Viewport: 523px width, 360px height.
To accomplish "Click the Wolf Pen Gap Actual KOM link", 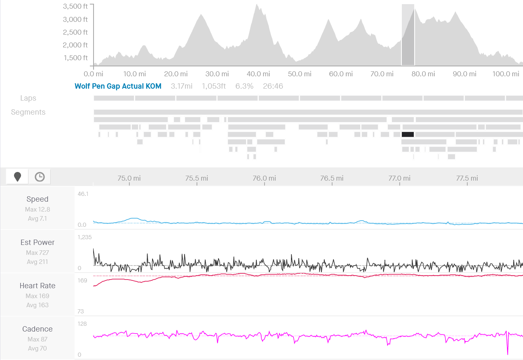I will pyautogui.click(x=118, y=86).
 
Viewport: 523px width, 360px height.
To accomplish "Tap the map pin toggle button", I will pyautogui.click(x=17, y=177).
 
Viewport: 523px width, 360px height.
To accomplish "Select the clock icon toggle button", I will pyautogui.click(x=40, y=177).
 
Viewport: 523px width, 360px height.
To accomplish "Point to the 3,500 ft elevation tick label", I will pyautogui.click(x=75, y=7).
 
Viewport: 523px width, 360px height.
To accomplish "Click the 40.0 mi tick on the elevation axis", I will pyautogui.click(x=258, y=74).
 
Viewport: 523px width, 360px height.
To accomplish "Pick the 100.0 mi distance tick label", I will pyautogui.click(x=506, y=74).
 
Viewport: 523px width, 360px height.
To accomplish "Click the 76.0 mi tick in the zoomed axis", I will pyautogui.click(x=264, y=178).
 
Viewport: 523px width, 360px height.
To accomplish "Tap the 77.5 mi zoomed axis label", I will pyautogui.click(x=467, y=178).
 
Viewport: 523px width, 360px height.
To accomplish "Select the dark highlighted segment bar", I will pyautogui.click(x=408, y=134).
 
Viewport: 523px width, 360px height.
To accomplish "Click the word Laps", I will pyautogui.click(x=28, y=98).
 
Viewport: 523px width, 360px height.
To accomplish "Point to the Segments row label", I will pyautogui.click(x=28, y=112).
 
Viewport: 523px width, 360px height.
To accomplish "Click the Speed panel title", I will pyautogui.click(x=38, y=199).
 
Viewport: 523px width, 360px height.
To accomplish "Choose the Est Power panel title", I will pyautogui.click(x=38, y=242).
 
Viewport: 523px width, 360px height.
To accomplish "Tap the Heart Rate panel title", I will pyautogui.click(x=38, y=286).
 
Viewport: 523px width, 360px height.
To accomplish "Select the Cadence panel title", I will pyautogui.click(x=38, y=329).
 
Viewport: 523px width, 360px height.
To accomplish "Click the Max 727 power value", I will pyautogui.click(x=38, y=253).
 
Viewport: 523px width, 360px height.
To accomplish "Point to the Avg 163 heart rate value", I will pyautogui.click(x=38, y=305).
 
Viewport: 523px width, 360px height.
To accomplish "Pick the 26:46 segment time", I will pyautogui.click(x=273, y=86).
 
